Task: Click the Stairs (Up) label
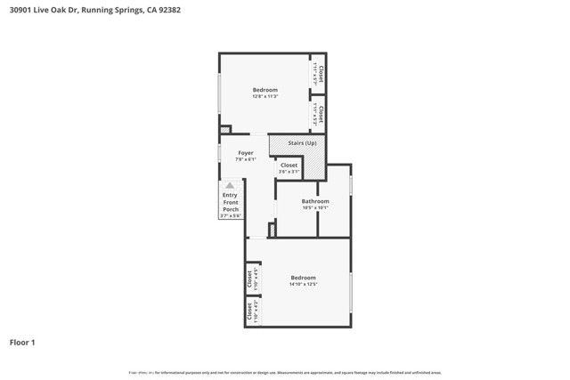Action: tap(298, 143)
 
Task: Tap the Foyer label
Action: tap(246, 153)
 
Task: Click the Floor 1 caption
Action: tap(22, 342)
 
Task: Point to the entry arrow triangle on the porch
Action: tap(230, 185)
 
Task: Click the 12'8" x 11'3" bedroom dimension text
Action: tap(265, 96)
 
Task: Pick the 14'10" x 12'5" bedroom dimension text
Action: tap(303, 285)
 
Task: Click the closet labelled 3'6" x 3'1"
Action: tap(289, 167)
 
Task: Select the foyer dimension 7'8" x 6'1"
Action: tap(246, 159)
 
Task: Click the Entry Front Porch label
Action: tap(230, 203)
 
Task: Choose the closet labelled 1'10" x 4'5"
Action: tap(252, 279)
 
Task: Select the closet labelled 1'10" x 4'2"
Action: tap(252, 311)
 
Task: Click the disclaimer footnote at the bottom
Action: tap(285, 373)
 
